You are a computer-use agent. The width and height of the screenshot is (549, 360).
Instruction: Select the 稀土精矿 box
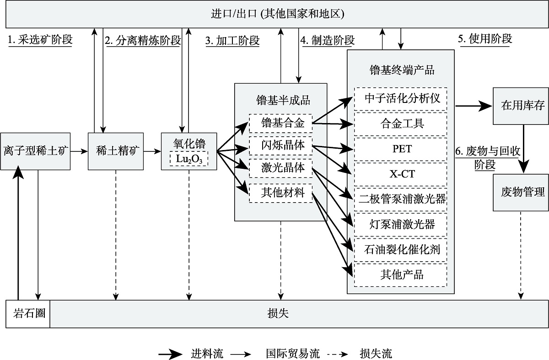tap(116, 150)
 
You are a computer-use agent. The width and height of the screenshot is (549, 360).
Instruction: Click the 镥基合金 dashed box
tap(280, 123)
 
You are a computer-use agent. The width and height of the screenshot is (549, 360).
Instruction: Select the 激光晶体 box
tap(280, 169)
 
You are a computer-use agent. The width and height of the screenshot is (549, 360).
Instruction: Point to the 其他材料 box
tap(280, 193)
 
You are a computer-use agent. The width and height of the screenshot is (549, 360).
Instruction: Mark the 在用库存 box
tap(520, 106)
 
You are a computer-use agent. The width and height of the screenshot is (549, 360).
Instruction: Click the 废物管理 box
tap(520, 192)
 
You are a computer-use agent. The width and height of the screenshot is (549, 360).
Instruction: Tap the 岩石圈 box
tap(28, 314)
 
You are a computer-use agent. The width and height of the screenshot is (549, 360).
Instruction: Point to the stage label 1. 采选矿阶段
tap(40, 40)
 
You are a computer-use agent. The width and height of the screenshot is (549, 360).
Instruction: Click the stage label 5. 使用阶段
tap(484, 39)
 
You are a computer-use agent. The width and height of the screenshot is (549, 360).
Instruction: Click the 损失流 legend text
tap(376, 354)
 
